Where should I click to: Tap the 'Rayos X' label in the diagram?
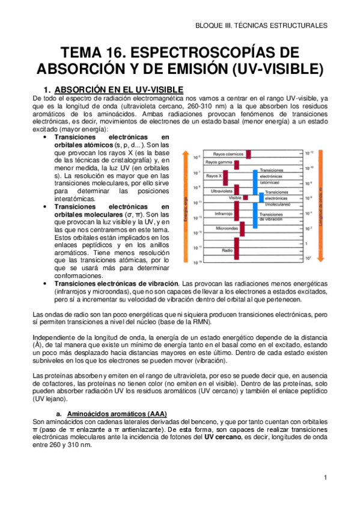point(213,176)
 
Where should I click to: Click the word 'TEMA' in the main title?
point(70,51)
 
